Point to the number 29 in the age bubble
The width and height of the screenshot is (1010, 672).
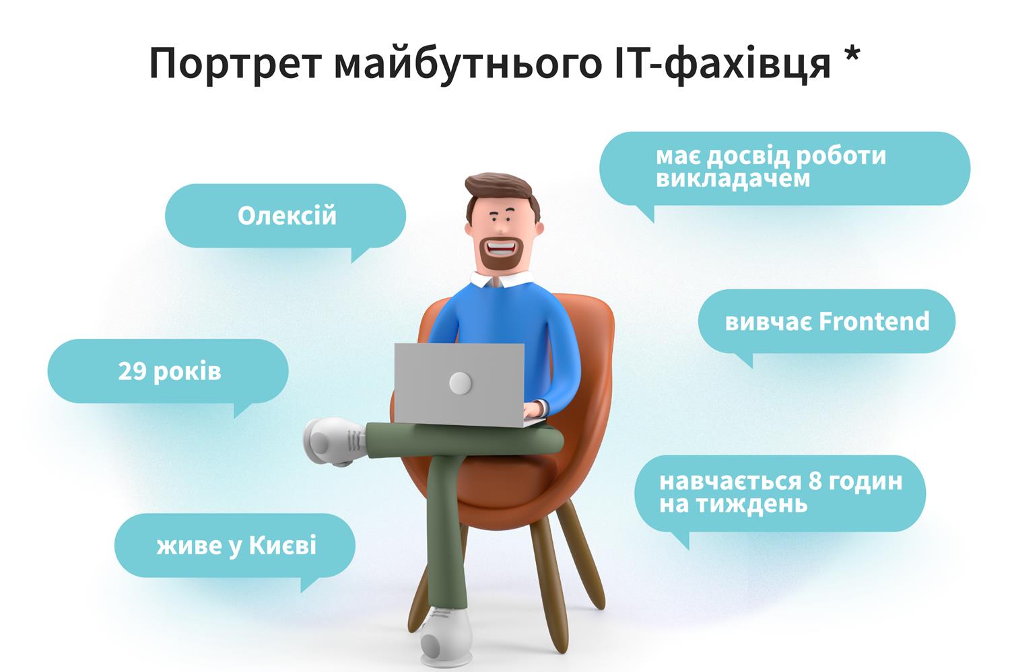[x=132, y=371]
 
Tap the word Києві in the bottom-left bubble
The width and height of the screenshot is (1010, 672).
[x=282, y=545]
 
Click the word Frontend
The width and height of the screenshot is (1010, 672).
[x=874, y=322]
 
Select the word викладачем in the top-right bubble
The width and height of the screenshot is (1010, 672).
[x=733, y=179]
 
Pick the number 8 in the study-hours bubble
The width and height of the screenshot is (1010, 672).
[x=815, y=482]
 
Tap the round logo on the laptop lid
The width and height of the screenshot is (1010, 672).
[x=461, y=383]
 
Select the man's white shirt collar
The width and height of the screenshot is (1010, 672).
[x=500, y=280]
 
